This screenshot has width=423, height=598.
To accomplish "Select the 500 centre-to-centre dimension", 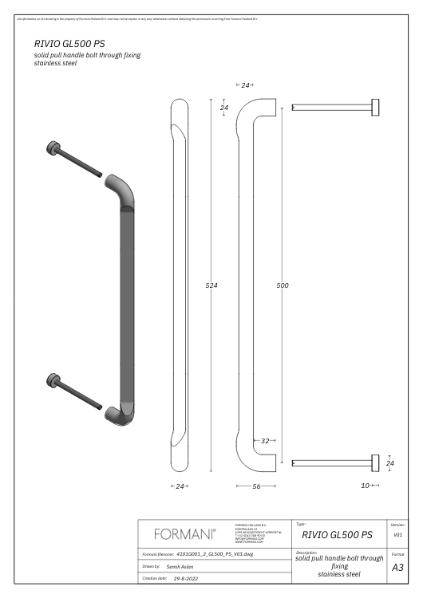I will tap(283, 285).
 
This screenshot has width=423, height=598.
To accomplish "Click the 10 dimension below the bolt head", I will tap(366, 485).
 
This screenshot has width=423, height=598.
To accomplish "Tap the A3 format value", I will tap(397, 568).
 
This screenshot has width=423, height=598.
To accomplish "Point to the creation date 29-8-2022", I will tap(185, 577).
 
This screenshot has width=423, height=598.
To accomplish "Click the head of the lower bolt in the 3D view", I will tap(53, 380).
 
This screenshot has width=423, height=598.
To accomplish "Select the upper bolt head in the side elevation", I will tap(374, 107).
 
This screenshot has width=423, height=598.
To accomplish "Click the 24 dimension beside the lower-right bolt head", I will tap(389, 462).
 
